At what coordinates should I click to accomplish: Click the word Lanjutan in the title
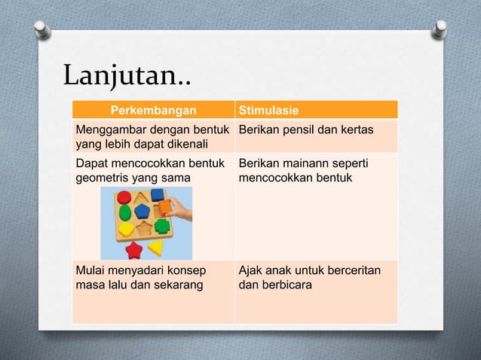(x=121, y=75)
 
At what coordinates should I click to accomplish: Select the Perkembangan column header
(x=153, y=111)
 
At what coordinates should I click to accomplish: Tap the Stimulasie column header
(x=268, y=111)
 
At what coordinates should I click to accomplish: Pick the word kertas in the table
(x=354, y=130)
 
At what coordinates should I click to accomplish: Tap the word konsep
(x=191, y=271)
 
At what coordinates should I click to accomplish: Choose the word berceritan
(x=353, y=271)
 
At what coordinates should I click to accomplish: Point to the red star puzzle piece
(x=134, y=249)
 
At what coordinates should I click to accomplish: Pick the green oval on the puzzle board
(x=124, y=212)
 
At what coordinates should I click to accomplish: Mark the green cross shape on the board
(x=161, y=226)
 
